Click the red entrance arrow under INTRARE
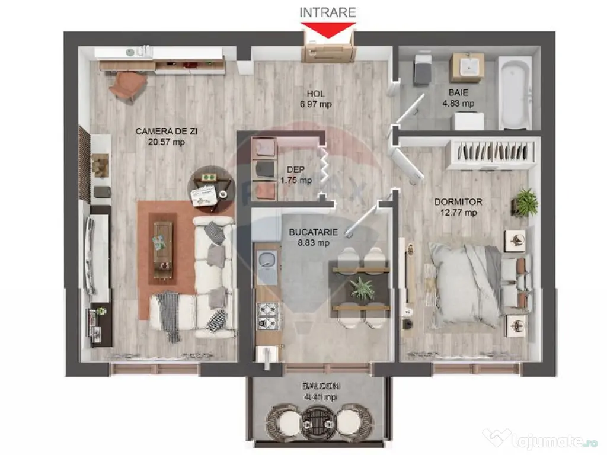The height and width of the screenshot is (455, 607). [328, 30]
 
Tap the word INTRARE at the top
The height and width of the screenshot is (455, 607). [328, 12]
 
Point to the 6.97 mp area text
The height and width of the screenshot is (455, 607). [315, 104]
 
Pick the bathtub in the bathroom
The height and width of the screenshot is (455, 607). [515, 92]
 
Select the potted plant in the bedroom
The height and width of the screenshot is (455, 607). [525, 203]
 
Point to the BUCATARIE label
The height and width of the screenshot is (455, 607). [314, 232]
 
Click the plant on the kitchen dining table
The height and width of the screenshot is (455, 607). [362, 289]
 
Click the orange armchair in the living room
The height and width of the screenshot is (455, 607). [127, 85]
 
